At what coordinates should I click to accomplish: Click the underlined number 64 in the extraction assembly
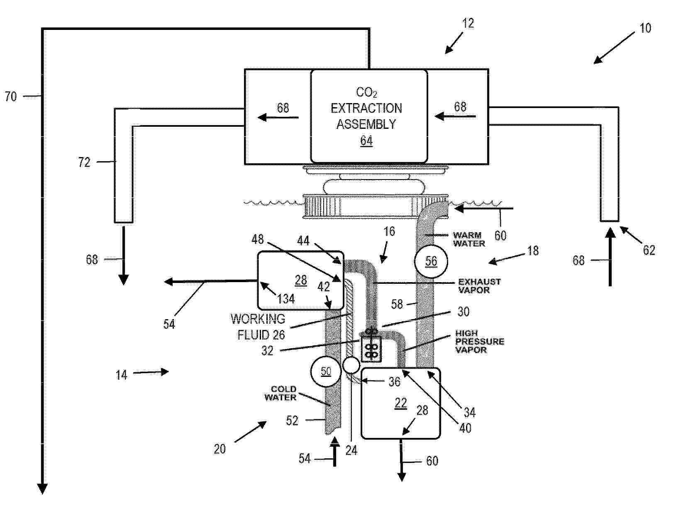(366, 141)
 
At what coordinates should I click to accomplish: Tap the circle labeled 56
(431, 261)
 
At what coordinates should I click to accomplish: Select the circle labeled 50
(326, 371)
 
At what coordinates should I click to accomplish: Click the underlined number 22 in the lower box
(401, 403)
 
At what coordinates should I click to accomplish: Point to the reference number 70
(11, 96)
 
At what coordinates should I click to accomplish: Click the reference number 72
(84, 162)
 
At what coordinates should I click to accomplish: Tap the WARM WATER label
(469, 239)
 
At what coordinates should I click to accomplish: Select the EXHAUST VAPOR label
(479, 286)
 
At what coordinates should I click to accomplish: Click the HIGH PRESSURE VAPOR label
(479, 342)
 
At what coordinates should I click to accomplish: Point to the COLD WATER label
(280, 393)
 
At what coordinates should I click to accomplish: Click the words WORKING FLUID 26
(258, 327)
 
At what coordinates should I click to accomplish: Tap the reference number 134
(286, 299)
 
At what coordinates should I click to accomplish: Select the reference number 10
(645, 28)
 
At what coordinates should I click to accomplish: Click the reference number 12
(468, 23)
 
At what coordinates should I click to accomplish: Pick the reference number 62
(649, 250)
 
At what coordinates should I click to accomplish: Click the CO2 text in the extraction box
(366, 93)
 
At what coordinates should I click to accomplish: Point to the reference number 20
(220, 449)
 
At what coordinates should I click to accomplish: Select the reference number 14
(121, 375)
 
